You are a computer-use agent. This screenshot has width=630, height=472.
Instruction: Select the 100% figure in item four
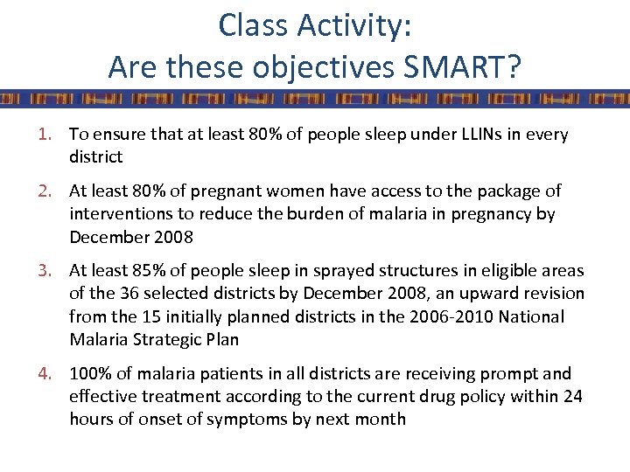(89, 374)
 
